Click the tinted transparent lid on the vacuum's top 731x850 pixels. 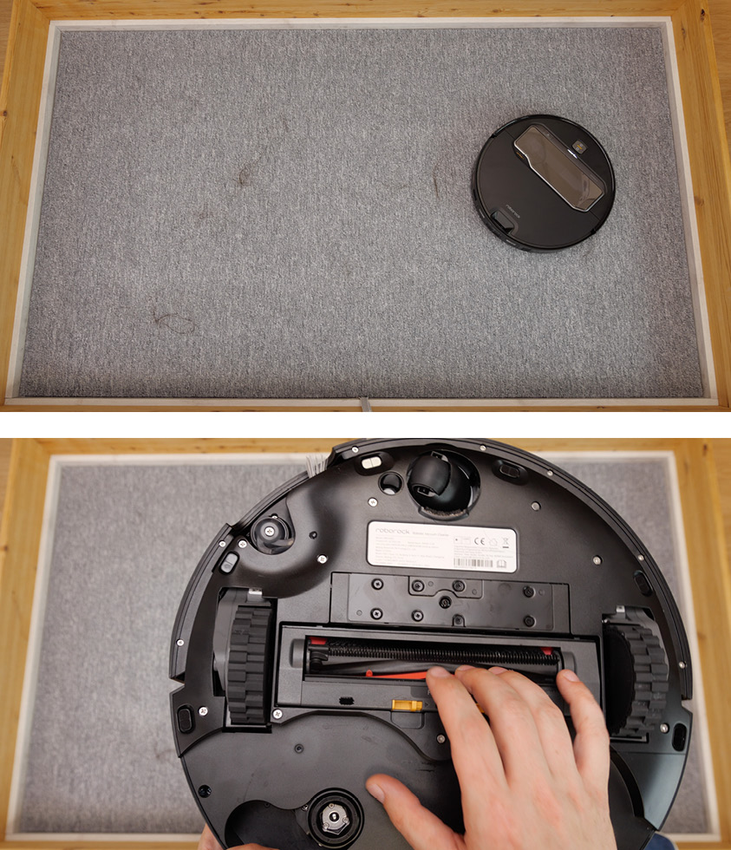click(x=558, y=166)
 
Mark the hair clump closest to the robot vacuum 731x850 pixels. click(x=438, y=182)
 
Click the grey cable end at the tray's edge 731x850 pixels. click(x=365, y=402)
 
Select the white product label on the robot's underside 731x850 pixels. click(x=442, y=546)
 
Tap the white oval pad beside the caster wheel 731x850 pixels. click(x=372, y=462)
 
